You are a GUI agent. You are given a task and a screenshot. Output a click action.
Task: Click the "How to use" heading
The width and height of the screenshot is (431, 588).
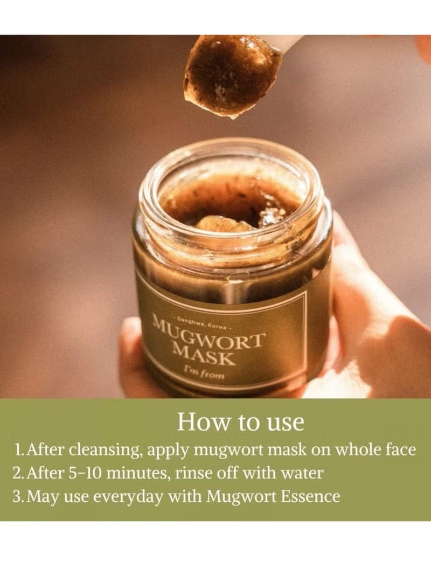[241, 421]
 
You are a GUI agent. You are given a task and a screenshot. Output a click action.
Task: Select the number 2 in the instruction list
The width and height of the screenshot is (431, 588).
[18, 473]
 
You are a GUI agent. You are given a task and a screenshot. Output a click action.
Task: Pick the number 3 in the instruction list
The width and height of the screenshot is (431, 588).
[18, 496]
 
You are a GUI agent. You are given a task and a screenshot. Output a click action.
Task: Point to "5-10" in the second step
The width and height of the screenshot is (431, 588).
[79, 473]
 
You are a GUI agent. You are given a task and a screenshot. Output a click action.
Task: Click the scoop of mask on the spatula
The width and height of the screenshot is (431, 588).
[230, 75]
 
